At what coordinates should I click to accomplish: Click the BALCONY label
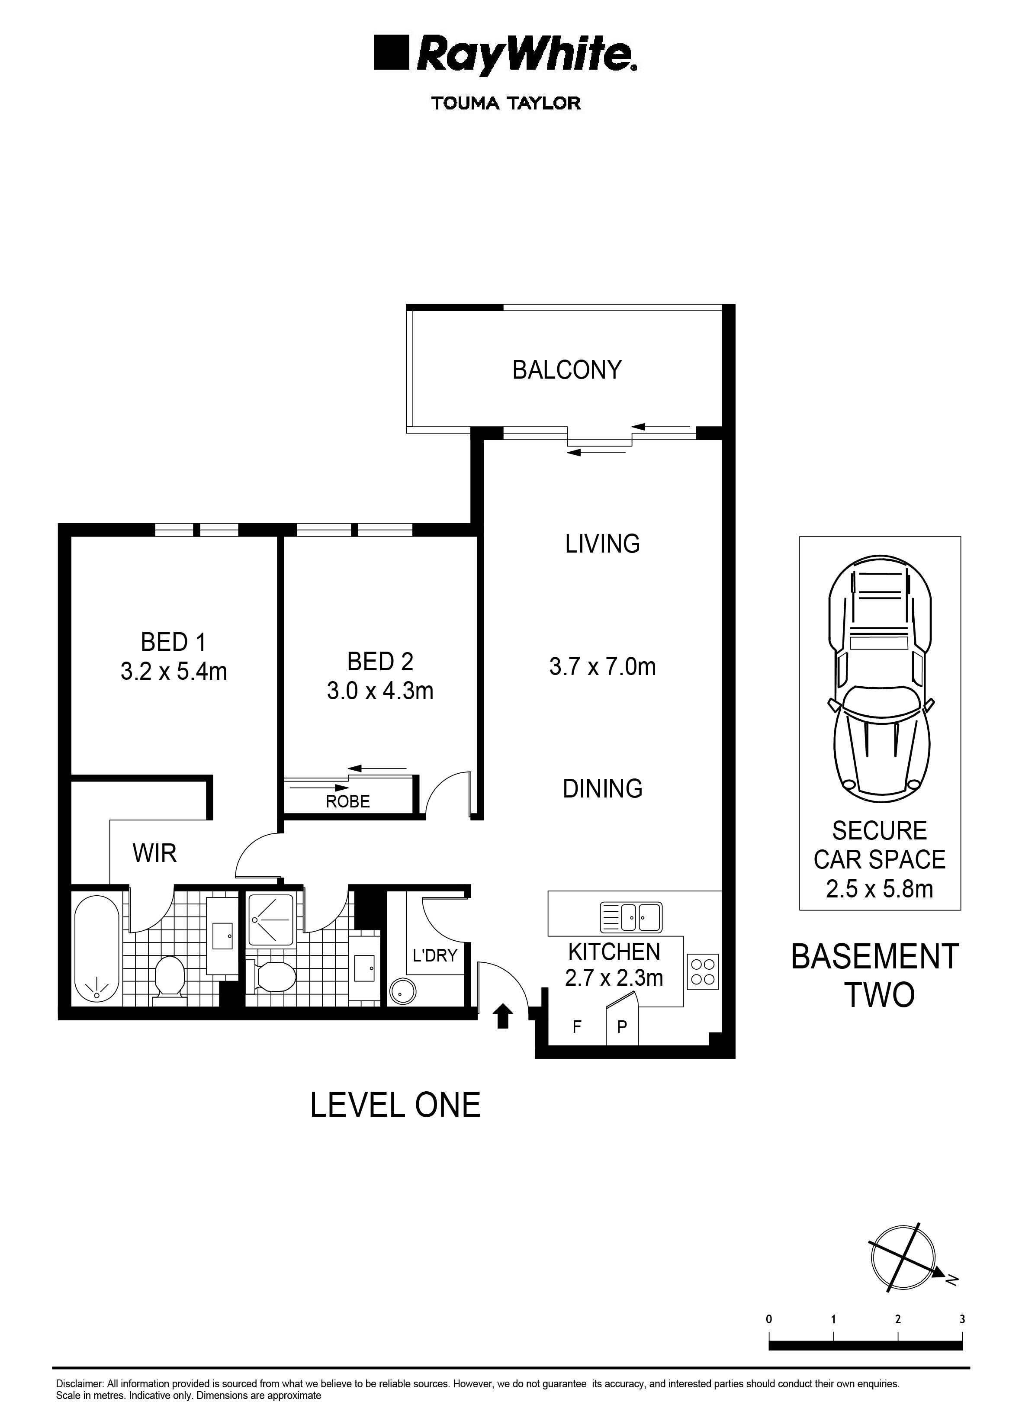[566, 370]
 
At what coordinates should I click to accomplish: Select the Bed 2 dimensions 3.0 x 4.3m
[380, 691]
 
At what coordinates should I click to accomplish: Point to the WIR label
[154, 853]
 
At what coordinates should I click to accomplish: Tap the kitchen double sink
[631, 917]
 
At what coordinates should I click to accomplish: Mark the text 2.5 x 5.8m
[879, 888]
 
